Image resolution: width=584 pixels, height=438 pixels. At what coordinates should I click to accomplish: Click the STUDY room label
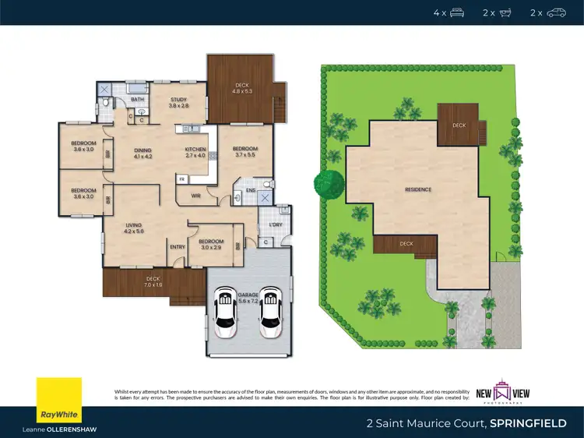pyautogui.click(x=179, y=100)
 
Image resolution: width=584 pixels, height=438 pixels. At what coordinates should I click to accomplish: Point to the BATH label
pyautogui.click(x=137, y=100)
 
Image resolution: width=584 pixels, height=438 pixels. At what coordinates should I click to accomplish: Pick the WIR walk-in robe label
pyautogui.click(x=197, y=196)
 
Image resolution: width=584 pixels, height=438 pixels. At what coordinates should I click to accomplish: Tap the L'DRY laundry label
pyautogui.click(x=274, y=225)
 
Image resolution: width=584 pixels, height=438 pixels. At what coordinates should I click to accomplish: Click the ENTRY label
pyautogui.click(x=178, y=247)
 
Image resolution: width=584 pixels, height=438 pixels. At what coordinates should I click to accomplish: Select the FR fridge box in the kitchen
pyautogui.click(x=181, y=179)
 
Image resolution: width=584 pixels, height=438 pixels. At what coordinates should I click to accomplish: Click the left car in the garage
pyautogui.click(x=226, y=312)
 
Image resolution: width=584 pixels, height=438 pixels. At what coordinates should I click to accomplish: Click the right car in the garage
pyautogui.click(x=269, y=312)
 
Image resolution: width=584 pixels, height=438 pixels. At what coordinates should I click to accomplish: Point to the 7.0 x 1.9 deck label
pyautogui.click(x=153, y=282)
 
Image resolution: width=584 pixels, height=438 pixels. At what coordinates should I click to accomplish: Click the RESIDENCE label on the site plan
pyautogui.click(x=417, y=189)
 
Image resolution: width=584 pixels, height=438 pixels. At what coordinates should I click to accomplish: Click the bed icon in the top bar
pyautogui.click(x=457, y=12)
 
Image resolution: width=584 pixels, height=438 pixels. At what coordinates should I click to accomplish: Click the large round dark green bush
pyautogui.click(x=329, y=184)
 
